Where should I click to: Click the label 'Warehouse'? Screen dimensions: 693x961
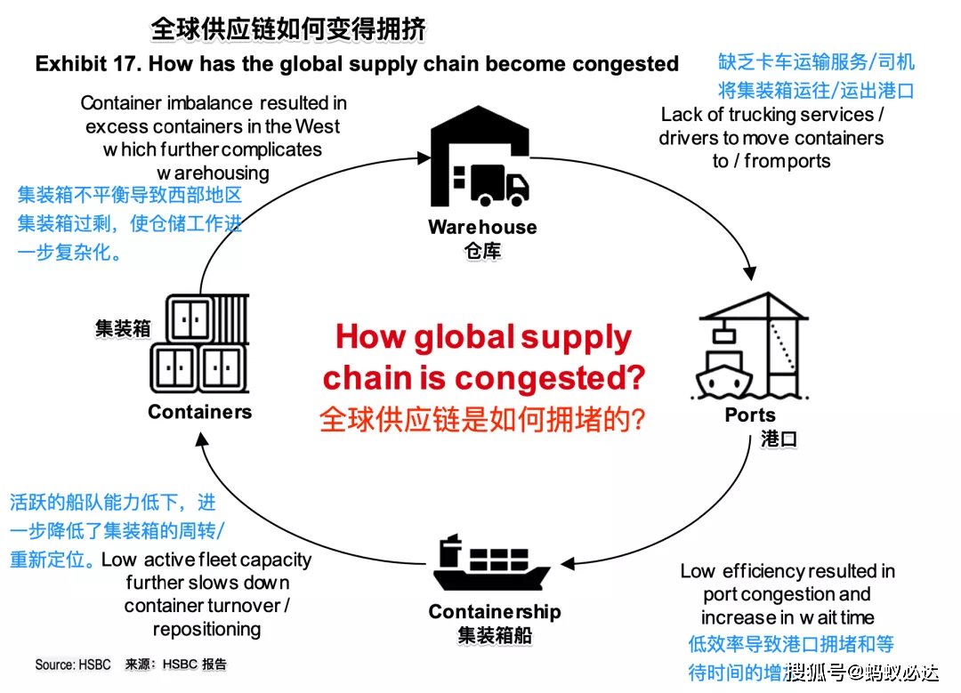coord(482,227)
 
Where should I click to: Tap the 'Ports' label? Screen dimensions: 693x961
coord(750,415)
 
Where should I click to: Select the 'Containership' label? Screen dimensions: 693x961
coord(495,612)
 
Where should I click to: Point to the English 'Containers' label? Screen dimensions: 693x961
coord(200,412)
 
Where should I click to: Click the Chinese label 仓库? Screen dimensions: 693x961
coord(483,251)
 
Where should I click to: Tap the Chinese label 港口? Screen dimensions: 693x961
coord(779,439)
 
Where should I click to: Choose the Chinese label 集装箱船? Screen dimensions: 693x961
coord(495,635)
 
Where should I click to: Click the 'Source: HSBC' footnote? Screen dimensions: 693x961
coord(73,665)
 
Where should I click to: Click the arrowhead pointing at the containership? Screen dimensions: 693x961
coord(568,563)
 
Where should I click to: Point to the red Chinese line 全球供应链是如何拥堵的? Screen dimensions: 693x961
coord(482,419)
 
